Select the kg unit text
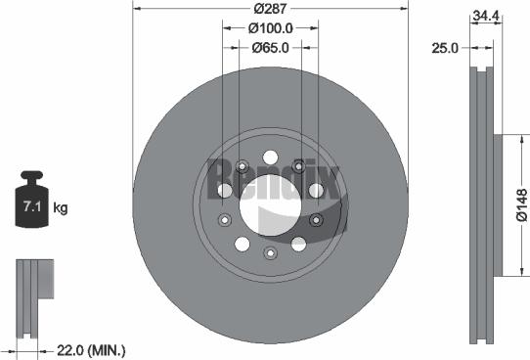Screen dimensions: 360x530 [60, 208]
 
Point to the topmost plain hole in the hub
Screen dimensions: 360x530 [270, 157]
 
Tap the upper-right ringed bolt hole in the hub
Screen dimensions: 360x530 [315, 189]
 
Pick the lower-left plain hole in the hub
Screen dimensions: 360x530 [225, 219]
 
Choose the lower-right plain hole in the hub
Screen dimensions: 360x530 [297, 244]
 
